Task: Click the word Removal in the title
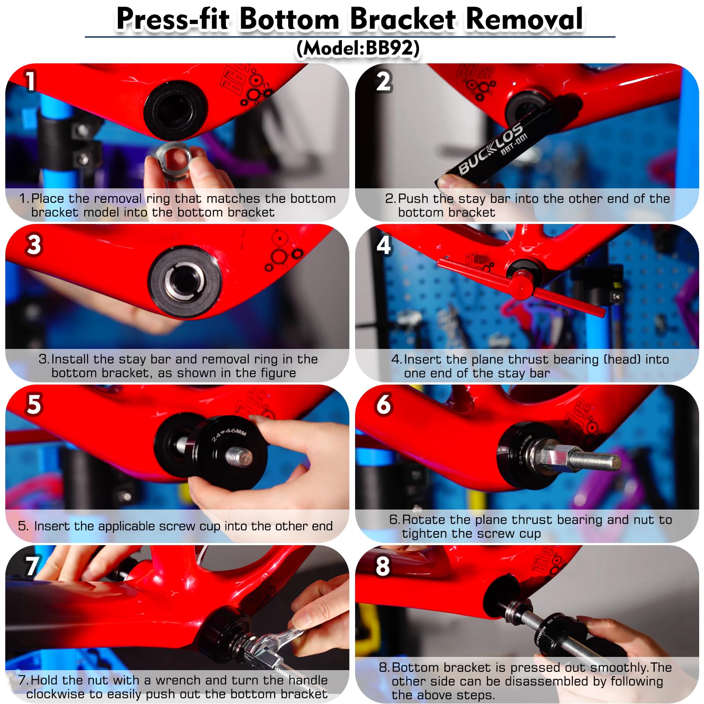coord(524,19)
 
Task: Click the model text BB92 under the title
coord(389,48)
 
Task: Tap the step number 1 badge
coord(30,82)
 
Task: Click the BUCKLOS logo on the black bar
coord(491,148)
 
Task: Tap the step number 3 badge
coord(34,245)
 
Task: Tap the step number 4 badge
coord(384,245)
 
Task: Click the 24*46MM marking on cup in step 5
coord(228,433)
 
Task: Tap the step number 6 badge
coord(384,404)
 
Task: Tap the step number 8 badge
coord(382,566)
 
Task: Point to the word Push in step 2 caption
coord(414,198)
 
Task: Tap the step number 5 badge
coord(34,404)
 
